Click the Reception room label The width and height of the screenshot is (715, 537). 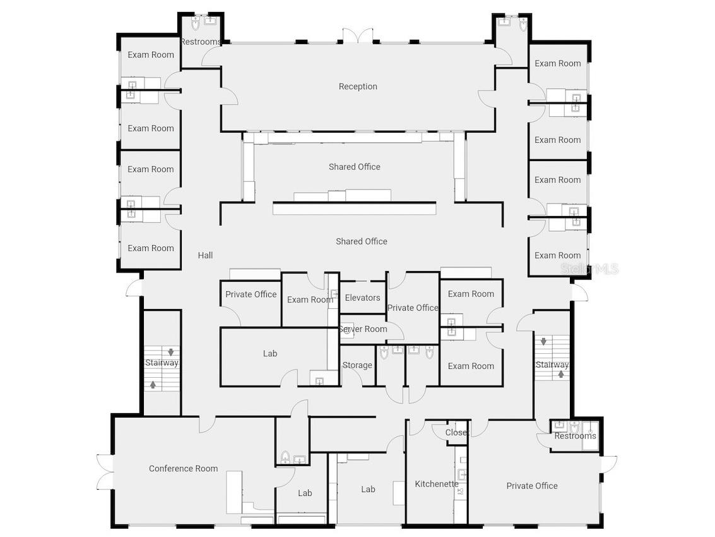pyautogui.click(x=358, y=87)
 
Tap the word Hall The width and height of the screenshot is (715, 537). pyautogui.click(x=205, y=255)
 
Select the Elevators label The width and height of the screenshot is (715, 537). pyautogui.click(x=363, y=298)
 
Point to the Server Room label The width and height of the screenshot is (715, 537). pyautogui.click(x=363, y=329)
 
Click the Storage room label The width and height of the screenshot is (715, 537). pyautogui.click(x=357, y=365)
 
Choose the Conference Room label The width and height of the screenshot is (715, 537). pyautogui.click(x=183, y=468)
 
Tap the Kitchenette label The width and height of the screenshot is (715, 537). pyautogui.click(x=437, y=484)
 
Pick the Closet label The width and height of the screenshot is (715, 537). pyautogui.click(x=456, y=433)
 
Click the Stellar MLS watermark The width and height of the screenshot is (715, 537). pyautogui.click(x=589, y=269)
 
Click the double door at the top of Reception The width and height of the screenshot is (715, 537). pyautogui.click(x=358, y=36)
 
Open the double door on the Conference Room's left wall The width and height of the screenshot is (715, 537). pyautogui.click(x=105, y=471)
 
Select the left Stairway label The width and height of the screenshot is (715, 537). pyautogui.click(x=162, y=363)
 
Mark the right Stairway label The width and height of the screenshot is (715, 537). pyautogui.click(x=552, y=365)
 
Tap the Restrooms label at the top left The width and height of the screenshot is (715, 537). pyautogui.click(x=201, y=42)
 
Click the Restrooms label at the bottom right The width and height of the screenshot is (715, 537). pyautogui.click(x=575, y=436)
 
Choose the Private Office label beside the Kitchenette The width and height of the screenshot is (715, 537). pyautogui.click(x=532, y=486)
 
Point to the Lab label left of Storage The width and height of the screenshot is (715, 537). pyautogui.click(x=270, y=354)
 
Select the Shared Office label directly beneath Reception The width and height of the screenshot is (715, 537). pyautogui.click(x=354, y=167)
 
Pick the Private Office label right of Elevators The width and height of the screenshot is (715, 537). pyautogui.click(x=413, y=308)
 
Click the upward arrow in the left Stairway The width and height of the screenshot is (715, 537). pyautogui.click(x=153, y=383)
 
